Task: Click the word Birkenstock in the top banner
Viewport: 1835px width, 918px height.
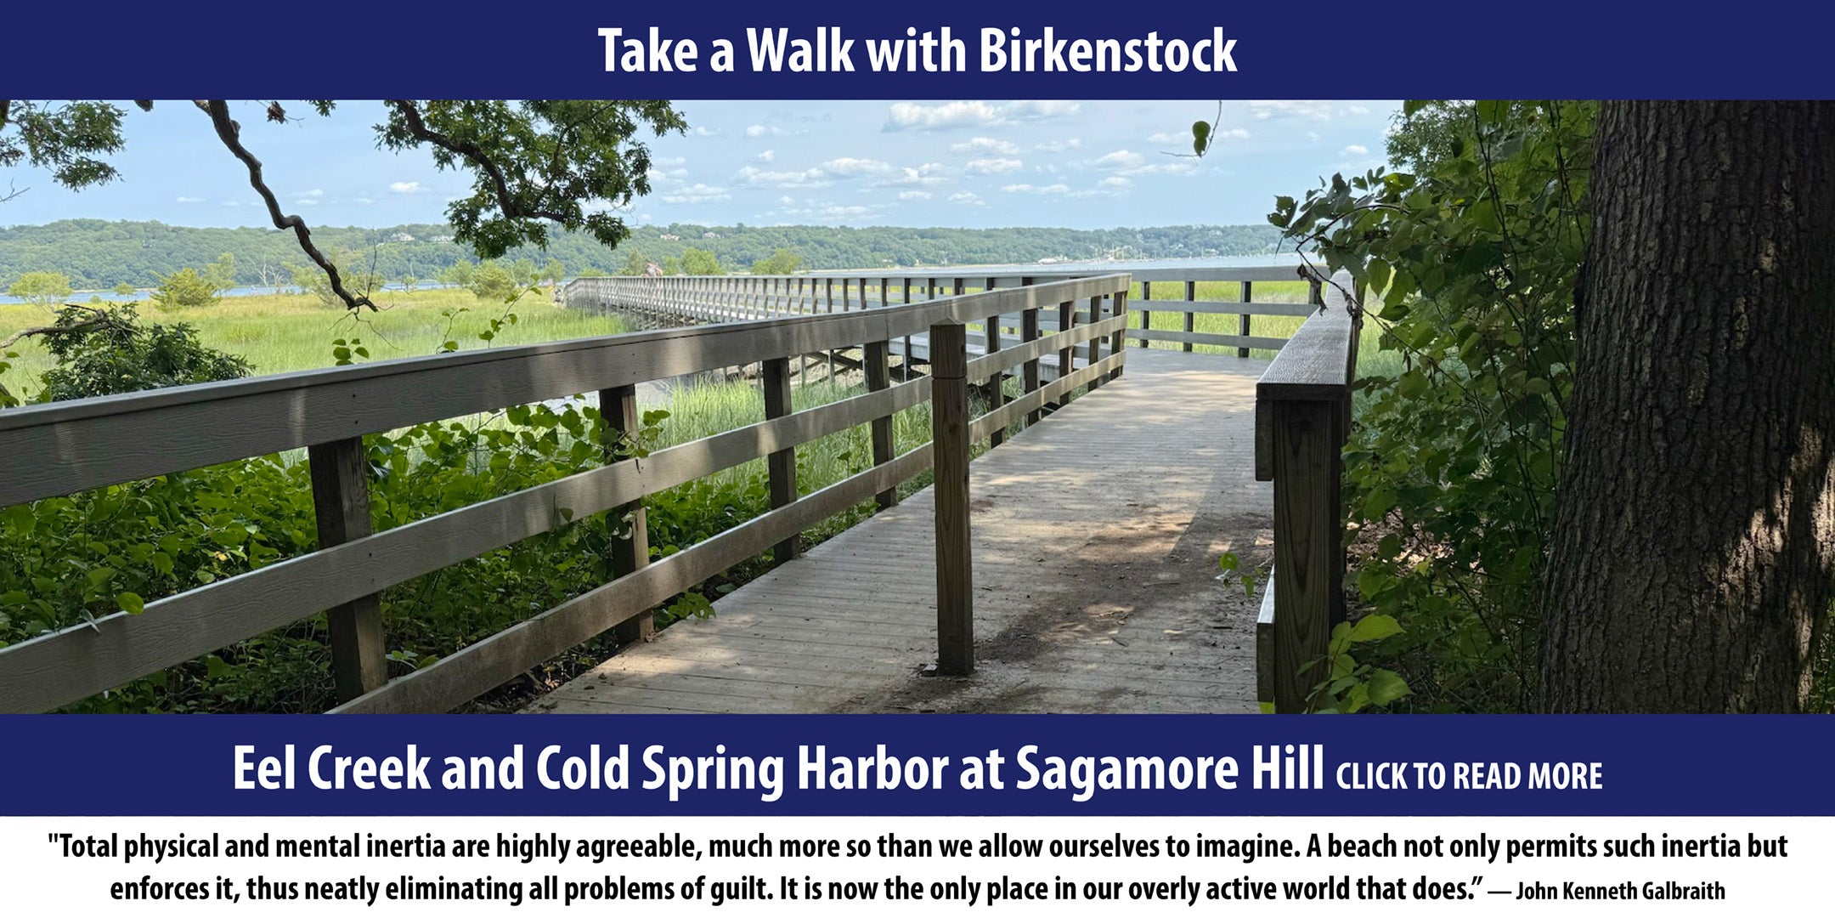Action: click(x=1107, y=51)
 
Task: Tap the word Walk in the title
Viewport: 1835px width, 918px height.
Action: click(x=800, y=51)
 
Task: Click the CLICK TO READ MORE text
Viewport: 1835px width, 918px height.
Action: click(x=1469, y=776)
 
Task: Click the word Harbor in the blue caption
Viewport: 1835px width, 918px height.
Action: click(x=872, y=768)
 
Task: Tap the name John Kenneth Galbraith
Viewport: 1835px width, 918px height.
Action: click(x=1620, y=891)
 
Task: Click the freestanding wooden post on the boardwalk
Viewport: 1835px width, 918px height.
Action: click(x=951, y=497)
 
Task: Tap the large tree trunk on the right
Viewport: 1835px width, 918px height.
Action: click(x=1691, y=408)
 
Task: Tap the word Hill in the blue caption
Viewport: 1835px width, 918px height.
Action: click(x=1286, y=768)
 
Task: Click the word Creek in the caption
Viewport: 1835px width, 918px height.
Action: click(x=369, y=768)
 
